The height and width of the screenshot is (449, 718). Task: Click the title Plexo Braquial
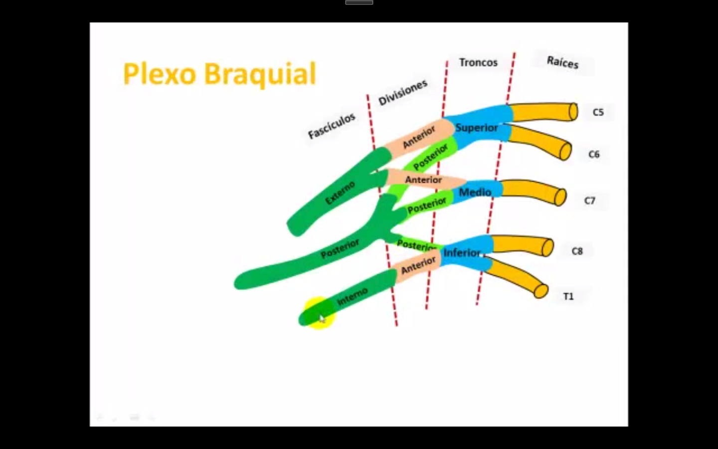[x=219, y=74]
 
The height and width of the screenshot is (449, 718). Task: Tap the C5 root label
[x=598, y=112]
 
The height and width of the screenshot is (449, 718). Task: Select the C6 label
[x=594, y=155]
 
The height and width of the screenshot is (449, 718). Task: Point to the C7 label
[x=590, y=201]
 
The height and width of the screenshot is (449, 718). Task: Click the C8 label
[x=577, y=251]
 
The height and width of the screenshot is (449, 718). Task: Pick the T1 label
[x=568, y=296]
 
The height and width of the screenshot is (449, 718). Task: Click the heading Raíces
[x=562, y=62]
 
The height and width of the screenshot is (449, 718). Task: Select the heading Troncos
[x=478, y=62]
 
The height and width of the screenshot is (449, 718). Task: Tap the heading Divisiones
[x=403, y=92]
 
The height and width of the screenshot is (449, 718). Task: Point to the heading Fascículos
[x=332, y=126]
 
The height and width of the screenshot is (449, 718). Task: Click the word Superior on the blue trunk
[x=477, y=128]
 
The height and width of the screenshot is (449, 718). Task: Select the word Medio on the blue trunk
[x=475, y=192]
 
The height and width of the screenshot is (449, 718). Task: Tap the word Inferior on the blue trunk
[x=462, y=253]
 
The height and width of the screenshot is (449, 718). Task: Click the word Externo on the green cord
[x=340, y=193]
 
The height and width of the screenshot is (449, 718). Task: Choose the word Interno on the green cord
[x=352, y=297]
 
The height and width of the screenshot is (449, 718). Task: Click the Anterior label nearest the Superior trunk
[x=419, y=137]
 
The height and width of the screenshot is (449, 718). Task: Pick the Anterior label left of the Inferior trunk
[x=418, y=265]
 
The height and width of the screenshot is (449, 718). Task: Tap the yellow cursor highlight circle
[x=319, y=313]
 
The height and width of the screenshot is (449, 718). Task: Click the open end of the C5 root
[x=573, y=112]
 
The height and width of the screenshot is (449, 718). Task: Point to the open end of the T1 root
[x=541, y=291]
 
